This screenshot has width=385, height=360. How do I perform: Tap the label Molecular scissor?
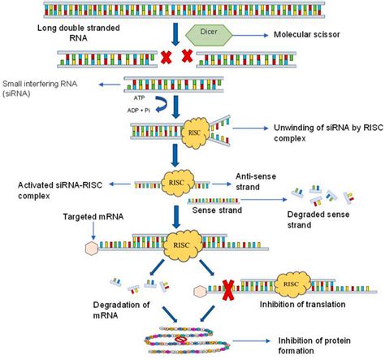coord(309,36)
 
